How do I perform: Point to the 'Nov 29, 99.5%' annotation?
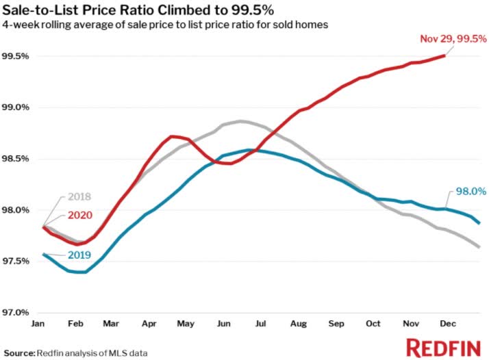pos(453,39)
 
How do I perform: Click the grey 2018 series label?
pos(80,198)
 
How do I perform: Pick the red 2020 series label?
pos(81,216)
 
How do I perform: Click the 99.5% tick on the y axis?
pos(14,56)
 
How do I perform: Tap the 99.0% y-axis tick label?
pos(14,107)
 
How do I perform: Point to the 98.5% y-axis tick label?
pos(14,159)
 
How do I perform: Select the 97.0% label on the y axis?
pos(14,313)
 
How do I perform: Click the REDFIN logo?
pos(442,347)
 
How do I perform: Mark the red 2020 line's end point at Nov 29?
pos(445,55)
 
